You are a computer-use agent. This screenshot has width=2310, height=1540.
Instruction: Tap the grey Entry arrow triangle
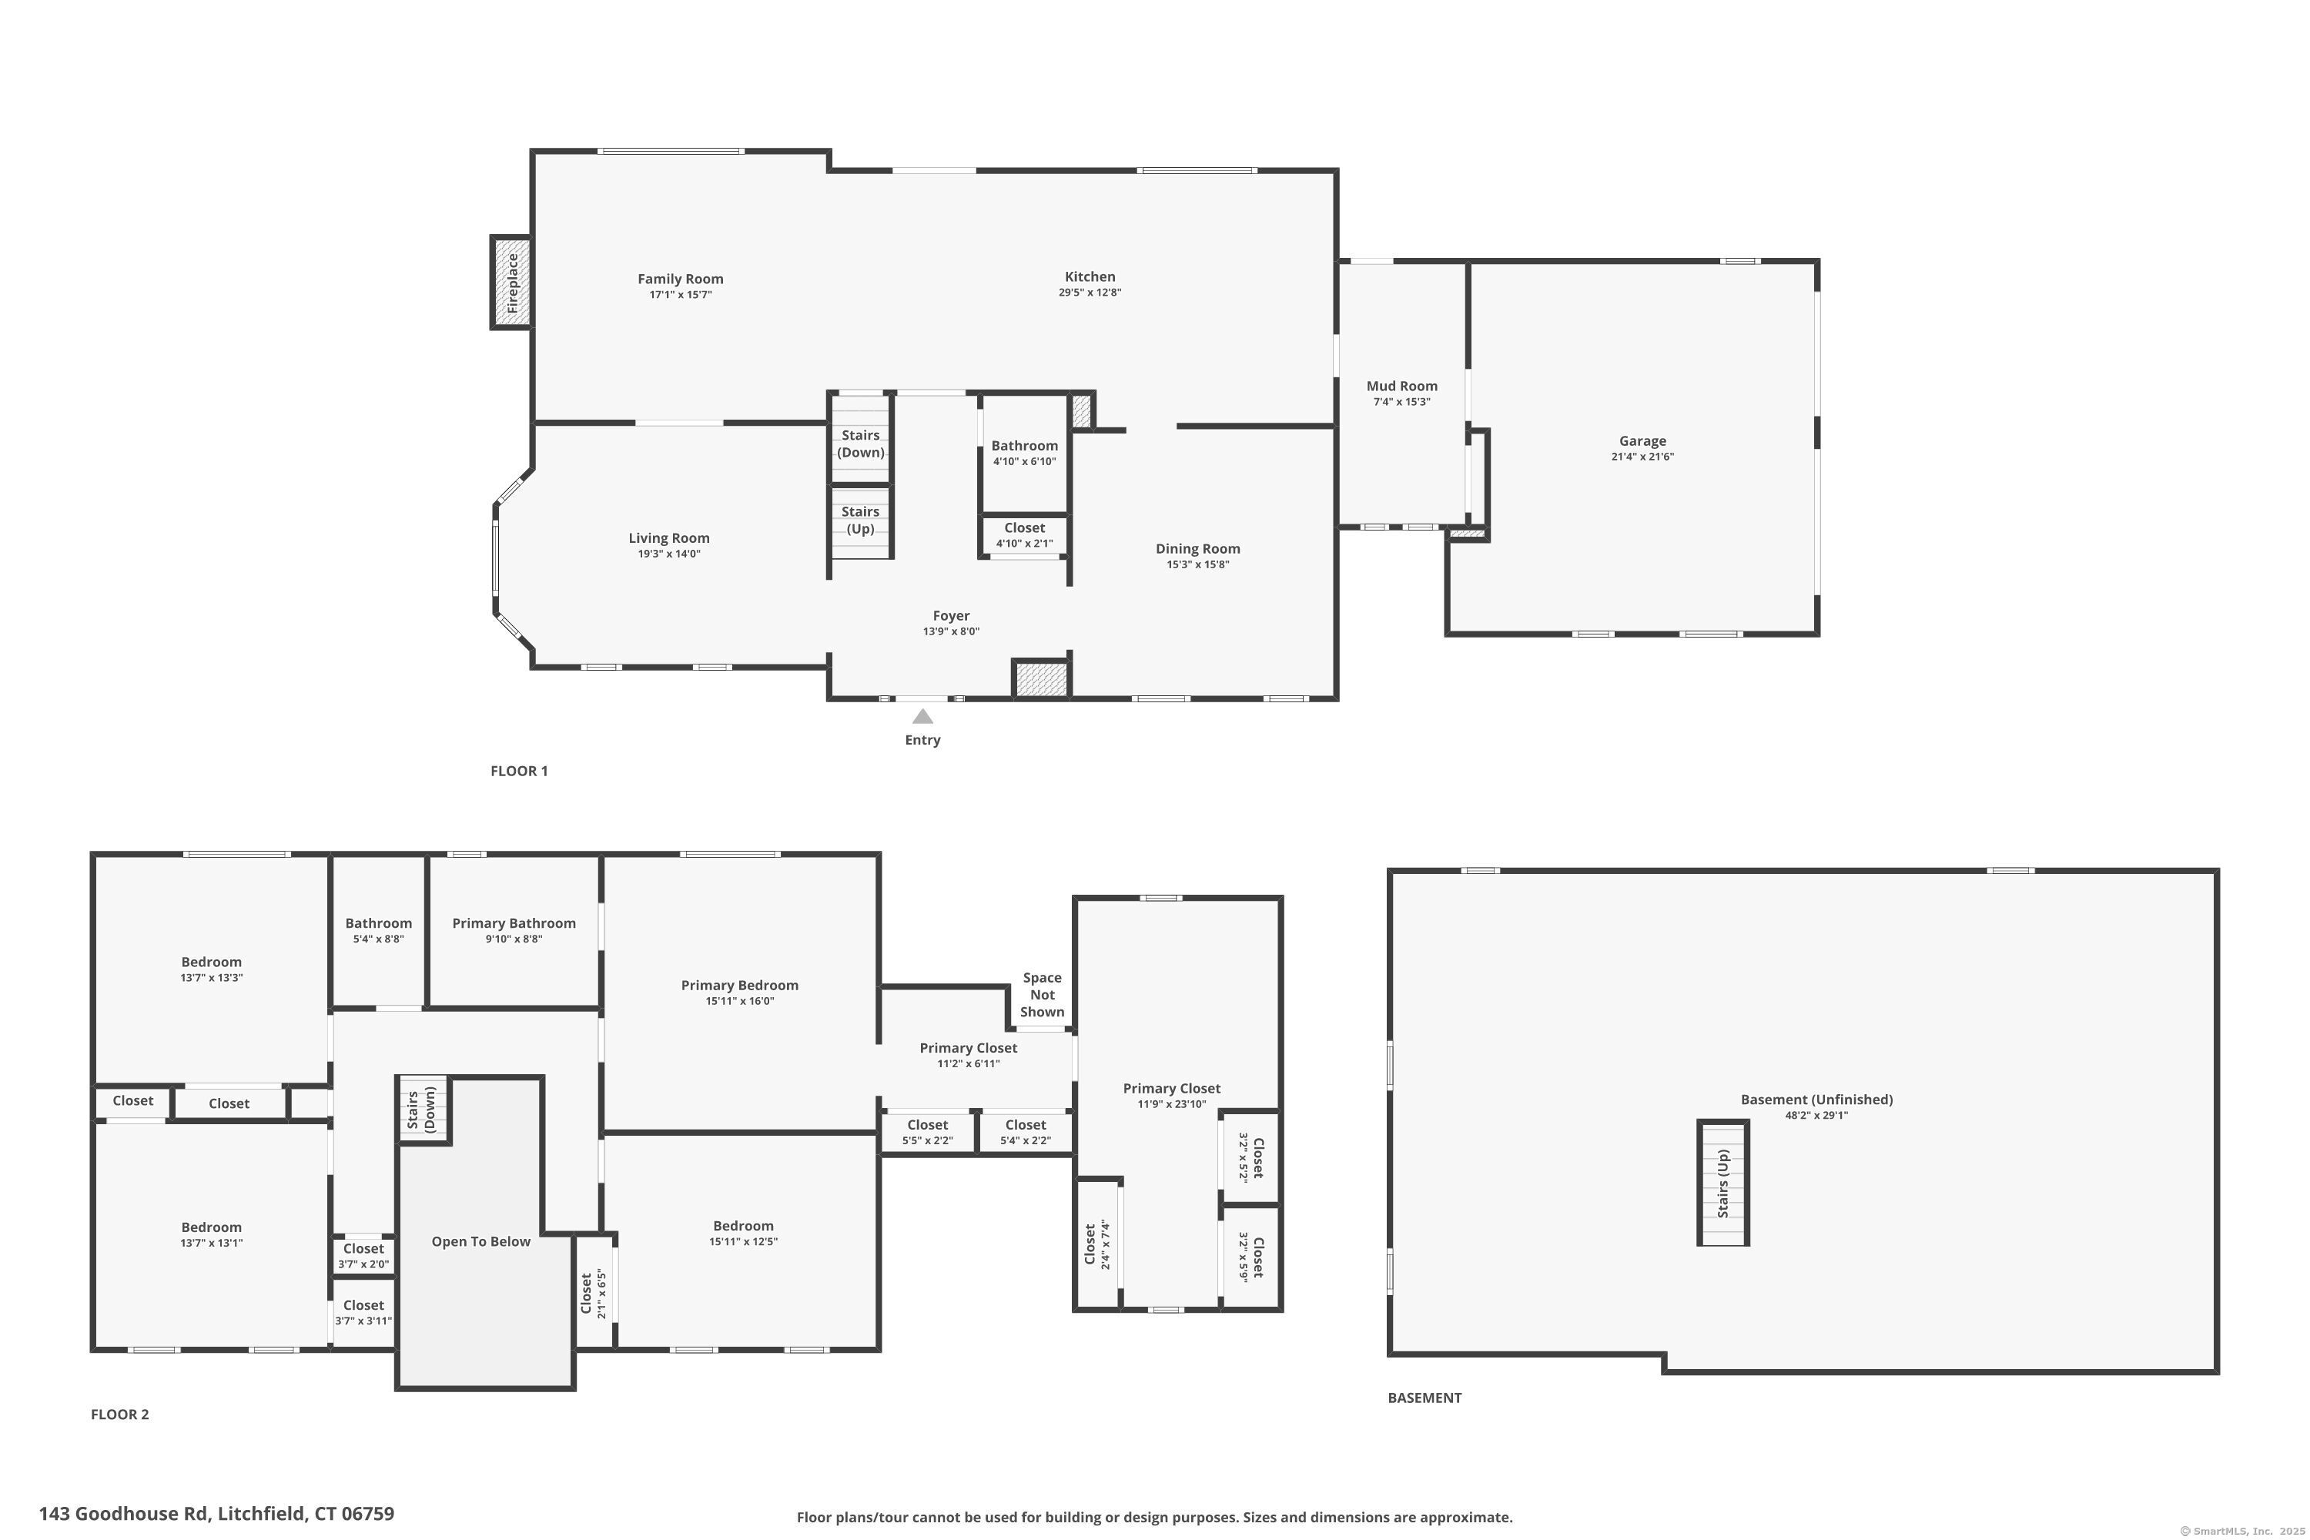[922, 716]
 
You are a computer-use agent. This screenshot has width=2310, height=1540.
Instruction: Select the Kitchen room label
[1090, 277]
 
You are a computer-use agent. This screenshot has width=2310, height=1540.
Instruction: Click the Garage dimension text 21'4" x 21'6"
[1642, 457]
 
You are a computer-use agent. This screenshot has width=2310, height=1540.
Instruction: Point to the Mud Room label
[1401, 386]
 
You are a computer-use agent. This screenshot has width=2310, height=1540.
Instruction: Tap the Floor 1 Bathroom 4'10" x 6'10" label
[1024, 453]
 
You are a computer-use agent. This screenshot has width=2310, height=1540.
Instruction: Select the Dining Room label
[1197, 549]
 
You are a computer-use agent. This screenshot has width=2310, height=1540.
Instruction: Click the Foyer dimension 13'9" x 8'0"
[951, 631]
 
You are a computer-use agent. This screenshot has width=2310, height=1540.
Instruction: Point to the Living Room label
[669, 538]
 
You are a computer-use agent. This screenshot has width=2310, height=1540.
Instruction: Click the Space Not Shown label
[1042, 995]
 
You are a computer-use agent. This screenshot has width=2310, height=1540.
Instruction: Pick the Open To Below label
[480, 1241]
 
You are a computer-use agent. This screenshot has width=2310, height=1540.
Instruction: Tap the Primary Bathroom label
[514, 923]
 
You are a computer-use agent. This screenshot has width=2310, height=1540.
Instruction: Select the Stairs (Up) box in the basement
[1722, 1183]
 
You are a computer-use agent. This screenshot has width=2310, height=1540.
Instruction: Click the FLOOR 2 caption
[120, 1414]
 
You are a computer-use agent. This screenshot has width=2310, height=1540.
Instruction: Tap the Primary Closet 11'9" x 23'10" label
[1172, 1096]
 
